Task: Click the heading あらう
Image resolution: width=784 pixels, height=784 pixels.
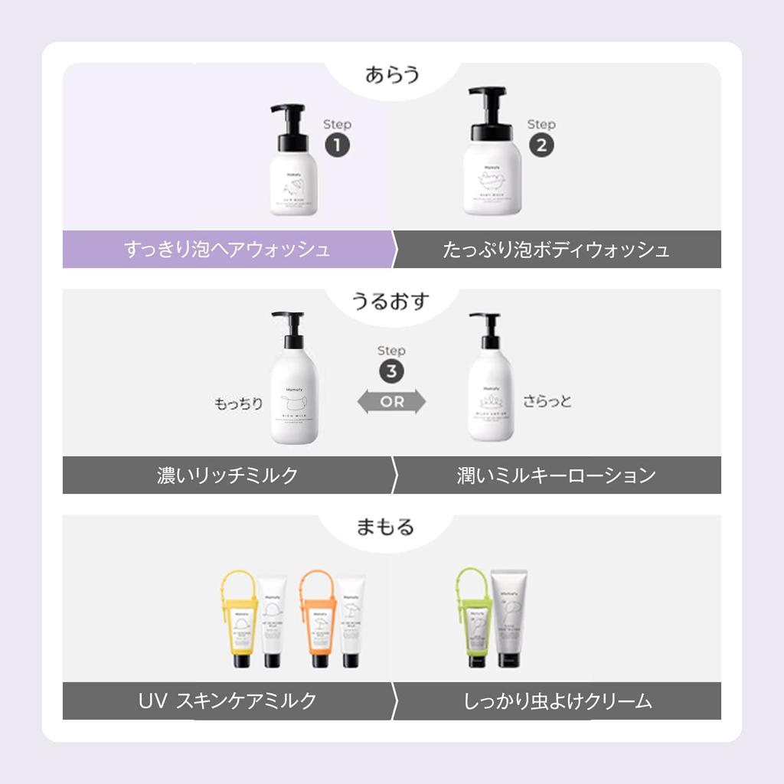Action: click(x=392, y=76)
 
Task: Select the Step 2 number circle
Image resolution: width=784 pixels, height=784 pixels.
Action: click(x=541, y=145)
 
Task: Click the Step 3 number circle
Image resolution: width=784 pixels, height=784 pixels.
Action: click(x=391, y=371)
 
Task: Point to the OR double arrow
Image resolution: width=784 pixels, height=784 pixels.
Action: click(x=392, y=402)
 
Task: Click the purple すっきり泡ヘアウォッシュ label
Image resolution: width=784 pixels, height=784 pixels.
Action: click(x=227, y=250)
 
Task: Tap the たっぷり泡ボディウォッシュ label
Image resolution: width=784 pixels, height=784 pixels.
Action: click(x=557, y=250)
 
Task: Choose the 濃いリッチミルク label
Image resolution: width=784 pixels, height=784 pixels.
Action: click(x=227, y=475)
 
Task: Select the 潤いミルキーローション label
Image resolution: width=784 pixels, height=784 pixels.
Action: click(x=557, y=475)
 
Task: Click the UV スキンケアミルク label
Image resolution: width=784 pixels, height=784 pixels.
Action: click(x=227, y=701)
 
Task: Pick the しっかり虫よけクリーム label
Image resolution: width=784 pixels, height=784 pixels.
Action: click(x=557, y=701)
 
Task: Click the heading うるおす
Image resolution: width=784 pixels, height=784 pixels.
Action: click(x=391, y=301)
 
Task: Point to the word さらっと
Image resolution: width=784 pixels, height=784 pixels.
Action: click(x=547, y=401)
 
